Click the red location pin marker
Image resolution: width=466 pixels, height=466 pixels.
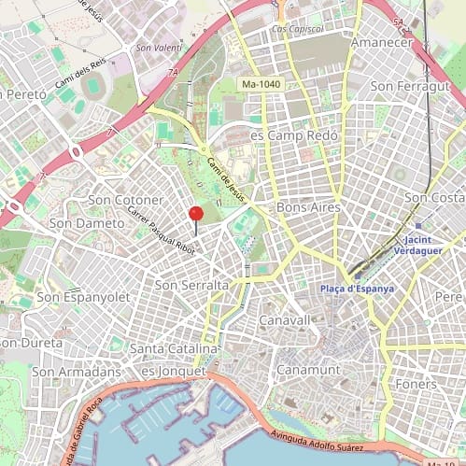tap(196, 215)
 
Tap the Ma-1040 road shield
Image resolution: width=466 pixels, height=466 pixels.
tap(261, 85)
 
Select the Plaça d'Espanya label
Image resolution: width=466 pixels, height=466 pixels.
tap(364, 289)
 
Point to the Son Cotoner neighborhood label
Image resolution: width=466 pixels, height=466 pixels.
tap(125, 200)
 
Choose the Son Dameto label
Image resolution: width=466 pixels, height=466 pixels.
tap(84, 223)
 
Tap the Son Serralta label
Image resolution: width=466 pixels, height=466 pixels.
tap(191, 285)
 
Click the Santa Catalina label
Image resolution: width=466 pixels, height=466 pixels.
tap(174, 348)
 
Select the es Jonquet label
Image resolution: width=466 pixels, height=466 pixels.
tap(172, 371)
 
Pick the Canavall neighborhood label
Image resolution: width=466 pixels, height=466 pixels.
tap(284, 319)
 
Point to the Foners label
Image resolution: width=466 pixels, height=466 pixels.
tap(416, 384)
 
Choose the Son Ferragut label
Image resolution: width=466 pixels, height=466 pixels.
tap(410, 86)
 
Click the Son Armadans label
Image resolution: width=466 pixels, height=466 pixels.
tap(72, 371)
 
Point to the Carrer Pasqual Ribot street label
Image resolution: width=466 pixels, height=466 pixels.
tap(161, 231)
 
